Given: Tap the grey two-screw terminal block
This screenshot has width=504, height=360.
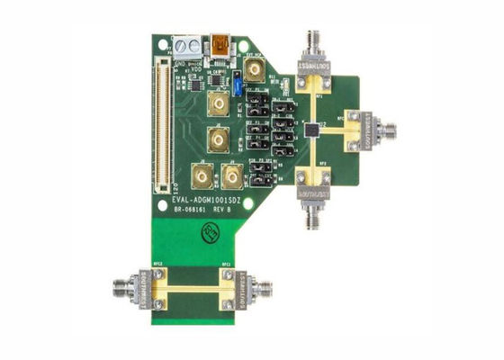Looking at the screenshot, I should pyautogui.click(x=187, y=45).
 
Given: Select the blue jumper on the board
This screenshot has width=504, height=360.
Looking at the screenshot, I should pyautogui.click(x=236, y=86).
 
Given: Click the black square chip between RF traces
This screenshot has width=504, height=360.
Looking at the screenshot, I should pyautogui.click(x=310, y=129).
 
